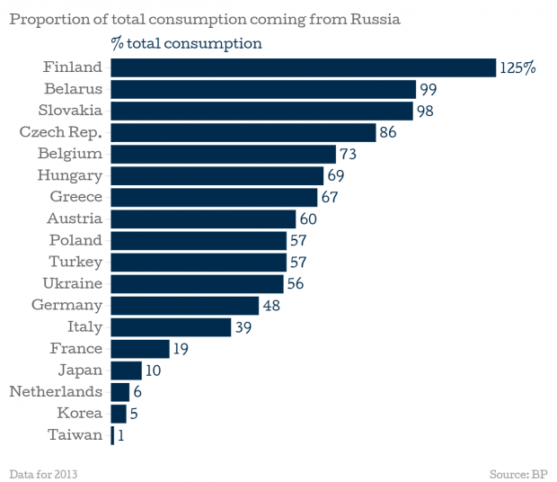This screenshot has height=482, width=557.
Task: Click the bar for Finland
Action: coord(303,67)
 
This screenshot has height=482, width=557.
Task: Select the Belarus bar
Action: coord(262,89)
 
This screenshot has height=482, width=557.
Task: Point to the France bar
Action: coord(140,348)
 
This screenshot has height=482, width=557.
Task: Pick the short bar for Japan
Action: coord(126,370)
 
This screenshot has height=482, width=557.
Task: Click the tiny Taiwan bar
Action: coord(112,435)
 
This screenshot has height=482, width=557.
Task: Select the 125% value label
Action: coord(518,67)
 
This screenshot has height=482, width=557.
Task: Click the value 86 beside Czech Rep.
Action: coord(388,132)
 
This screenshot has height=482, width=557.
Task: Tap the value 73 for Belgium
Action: coord(349,154)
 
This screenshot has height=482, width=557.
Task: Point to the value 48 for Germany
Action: coord(272,305)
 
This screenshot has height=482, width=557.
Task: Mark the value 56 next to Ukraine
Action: coord(297,283)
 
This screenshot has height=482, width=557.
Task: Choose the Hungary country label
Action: coord(69,175)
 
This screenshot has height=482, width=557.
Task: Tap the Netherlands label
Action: coord(56,391)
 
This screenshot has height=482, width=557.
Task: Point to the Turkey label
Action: coord(75,262)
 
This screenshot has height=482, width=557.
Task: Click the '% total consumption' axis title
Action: coord(186,43)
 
